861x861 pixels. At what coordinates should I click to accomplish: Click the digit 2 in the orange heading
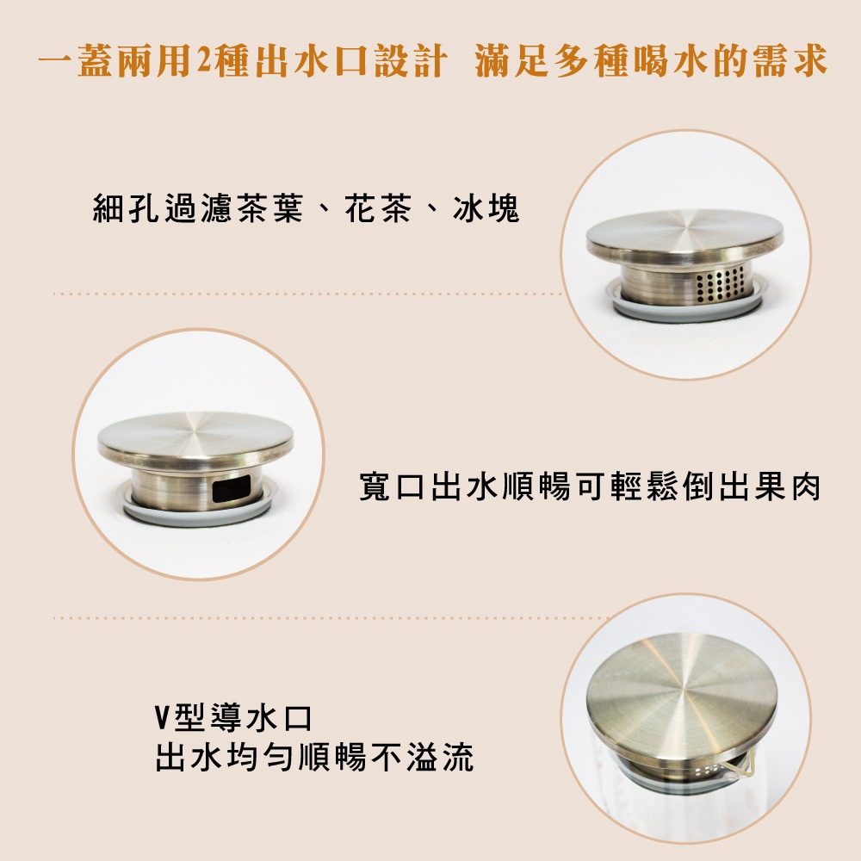point(203,60)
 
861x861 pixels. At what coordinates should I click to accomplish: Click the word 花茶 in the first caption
point(378,208)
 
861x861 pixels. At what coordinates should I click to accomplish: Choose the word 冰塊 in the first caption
point(486,208)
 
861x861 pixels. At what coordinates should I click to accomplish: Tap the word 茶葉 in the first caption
point(270,208)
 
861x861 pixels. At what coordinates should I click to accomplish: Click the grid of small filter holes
point(720,285)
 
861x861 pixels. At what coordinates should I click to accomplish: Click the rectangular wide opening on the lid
point(231,488)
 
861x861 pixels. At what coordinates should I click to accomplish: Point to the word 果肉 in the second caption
point(787,486)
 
